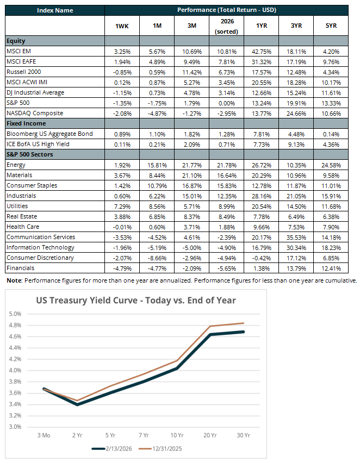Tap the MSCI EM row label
pos(20,51)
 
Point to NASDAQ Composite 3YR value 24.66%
pos(295,113)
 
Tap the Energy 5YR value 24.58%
pos(331,165)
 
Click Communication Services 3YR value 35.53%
pos(295,237)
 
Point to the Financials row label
pos(20,268)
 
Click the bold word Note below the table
pos(14,280)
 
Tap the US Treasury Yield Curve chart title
pos(136,300)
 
